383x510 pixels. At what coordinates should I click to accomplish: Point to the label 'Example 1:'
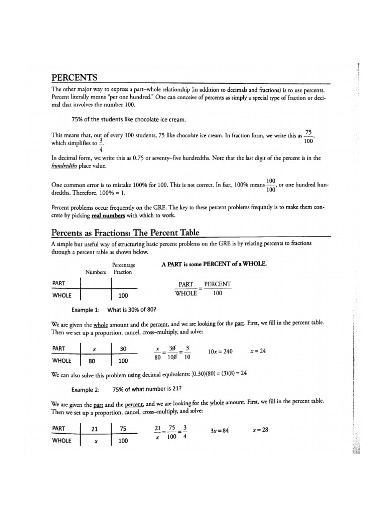pos(86,309)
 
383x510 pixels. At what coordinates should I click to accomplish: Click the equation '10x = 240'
pos(221,351)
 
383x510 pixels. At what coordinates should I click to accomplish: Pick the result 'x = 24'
pos(258,351)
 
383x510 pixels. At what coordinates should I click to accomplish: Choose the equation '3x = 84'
pos(219,430)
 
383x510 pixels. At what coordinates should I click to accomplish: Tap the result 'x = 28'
pos(260,430)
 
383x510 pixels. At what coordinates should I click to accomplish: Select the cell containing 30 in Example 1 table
pos(123,349)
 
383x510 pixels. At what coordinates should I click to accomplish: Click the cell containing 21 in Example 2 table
pos(94,428)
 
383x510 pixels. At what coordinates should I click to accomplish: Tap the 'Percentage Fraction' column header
pos(123,269)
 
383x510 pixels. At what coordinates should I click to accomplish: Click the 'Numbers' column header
pos(96,272)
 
